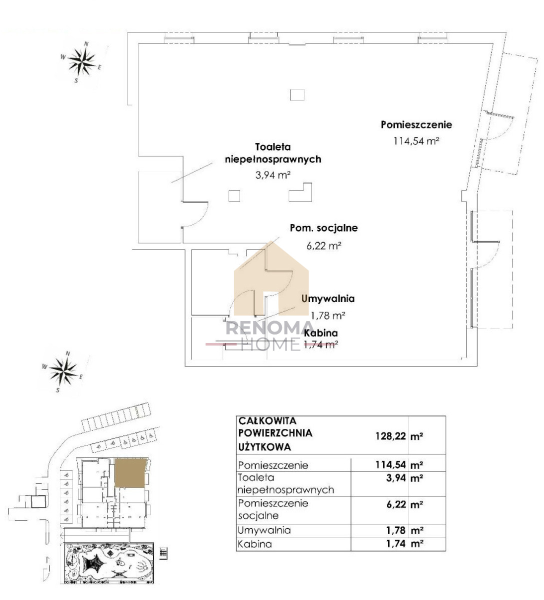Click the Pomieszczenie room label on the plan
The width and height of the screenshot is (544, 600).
click(416, 124)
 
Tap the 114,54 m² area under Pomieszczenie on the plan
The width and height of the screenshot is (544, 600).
click(416, 141)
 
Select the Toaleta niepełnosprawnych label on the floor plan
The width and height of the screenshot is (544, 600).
click(273, 153)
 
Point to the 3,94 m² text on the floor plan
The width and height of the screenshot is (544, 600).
click(273, 175)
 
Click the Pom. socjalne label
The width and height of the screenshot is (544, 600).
click(324, 228)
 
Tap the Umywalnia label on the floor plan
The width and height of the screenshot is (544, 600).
click(328, 298)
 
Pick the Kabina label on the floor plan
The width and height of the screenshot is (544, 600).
click(321, 333)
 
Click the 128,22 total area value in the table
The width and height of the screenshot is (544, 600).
click(391, 436)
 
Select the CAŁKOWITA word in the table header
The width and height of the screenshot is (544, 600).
click(267, 421)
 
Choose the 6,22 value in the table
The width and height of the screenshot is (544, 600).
click(396, 504)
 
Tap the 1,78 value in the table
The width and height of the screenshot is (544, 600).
click(396, 530)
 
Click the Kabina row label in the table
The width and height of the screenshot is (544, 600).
click(254, 544)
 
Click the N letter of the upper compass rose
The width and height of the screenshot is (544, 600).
click(86, 44)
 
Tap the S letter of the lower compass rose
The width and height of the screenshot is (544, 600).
click(58, 390)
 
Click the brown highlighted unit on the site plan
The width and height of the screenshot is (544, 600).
click(130, 473)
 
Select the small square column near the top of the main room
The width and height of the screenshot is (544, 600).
click(297, 95)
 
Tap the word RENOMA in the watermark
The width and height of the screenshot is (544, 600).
click(270, 328)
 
